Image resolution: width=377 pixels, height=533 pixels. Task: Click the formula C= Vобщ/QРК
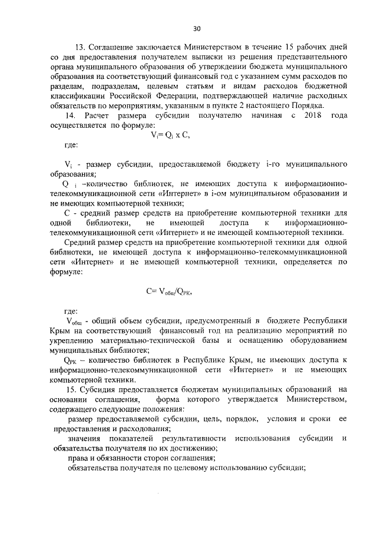(170, 291)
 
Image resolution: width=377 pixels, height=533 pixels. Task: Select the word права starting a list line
(78, 458)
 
